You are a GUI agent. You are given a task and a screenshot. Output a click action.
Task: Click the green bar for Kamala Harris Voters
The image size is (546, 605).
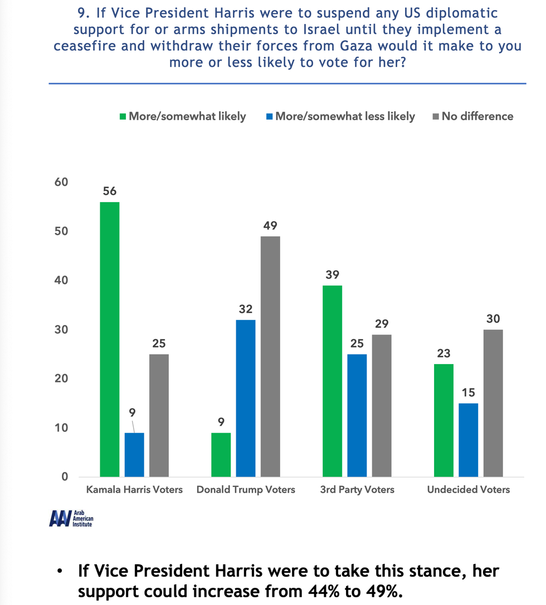click(x=109, y=340)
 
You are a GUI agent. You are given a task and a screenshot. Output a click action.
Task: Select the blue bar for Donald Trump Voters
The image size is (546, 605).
click(x=246, y=399)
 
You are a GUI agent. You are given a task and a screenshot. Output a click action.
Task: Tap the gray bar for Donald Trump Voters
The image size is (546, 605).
click(x=270, y=357)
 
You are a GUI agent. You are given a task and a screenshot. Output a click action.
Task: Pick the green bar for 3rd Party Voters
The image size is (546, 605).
click(x=332, y=381)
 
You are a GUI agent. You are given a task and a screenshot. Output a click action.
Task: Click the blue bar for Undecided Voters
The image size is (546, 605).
click(x=468, y=440)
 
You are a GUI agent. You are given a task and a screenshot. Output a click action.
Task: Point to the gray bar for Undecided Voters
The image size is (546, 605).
click(x=493, y=403)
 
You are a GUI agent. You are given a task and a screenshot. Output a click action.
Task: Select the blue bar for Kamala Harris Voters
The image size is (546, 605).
click(x=134, y=454)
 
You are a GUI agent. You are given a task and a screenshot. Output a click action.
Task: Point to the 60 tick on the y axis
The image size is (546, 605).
click(x=61, y=183)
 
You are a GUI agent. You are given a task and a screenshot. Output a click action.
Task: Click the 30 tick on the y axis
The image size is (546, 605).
click(x=61, y=329)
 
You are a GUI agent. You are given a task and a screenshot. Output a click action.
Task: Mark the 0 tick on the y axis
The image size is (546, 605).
click(x=65, y=476)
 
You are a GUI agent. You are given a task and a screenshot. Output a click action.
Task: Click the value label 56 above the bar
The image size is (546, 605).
click(x=109, y=191)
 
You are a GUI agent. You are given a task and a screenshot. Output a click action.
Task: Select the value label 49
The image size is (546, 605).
click(x=270, y=225)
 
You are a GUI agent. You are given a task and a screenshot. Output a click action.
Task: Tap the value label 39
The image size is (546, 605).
click(x=332, y=274)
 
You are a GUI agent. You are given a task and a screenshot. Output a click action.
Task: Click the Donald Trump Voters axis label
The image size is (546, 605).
click(x=246, y=490)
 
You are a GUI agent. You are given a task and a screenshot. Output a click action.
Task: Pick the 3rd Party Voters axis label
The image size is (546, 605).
click(x=357, y=490)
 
